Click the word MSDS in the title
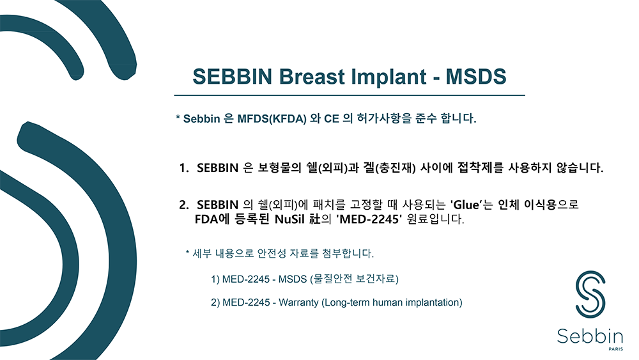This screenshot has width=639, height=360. point(475,76)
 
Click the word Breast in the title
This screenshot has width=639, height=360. point(312,76)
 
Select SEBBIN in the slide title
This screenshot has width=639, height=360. point(233,76)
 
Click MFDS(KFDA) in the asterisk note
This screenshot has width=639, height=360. point(272,119)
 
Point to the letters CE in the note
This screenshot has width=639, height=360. point(331,119)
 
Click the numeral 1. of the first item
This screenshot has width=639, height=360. point(184,168)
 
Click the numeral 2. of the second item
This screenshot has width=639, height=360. point(184,205)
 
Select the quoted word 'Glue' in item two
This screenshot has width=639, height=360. point(465,204)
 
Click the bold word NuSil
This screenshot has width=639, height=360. point(289,219)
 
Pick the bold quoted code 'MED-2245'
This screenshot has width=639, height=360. point(369,219)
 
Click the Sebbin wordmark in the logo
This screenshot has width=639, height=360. point(590,336)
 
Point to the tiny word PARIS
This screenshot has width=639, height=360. point(615,349)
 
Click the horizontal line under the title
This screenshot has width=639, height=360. point(350,95)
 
